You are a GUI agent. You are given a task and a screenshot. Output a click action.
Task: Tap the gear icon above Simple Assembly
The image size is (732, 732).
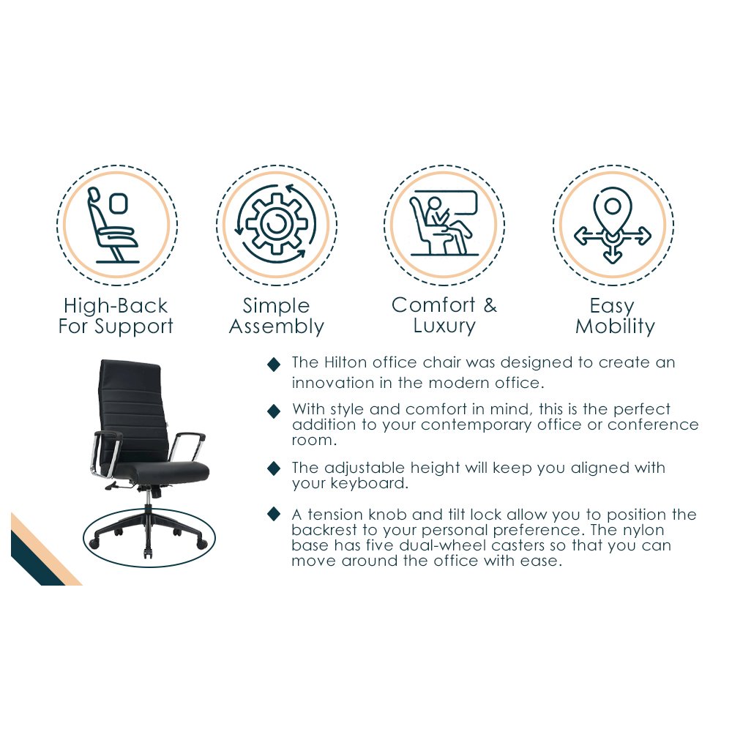[277, 225]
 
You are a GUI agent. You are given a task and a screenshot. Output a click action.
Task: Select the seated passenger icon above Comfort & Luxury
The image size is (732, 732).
[444, 223]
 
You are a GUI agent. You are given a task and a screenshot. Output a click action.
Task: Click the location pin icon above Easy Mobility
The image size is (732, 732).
[613, 225]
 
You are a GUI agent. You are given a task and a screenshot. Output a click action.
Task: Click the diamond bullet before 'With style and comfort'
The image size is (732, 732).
[274, 411]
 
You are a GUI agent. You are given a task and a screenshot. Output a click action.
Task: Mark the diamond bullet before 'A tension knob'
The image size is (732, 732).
[274, 514]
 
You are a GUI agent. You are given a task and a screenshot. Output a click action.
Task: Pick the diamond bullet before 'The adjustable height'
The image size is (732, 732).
[274, 468]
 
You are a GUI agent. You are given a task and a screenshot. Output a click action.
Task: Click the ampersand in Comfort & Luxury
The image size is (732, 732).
[490, 305]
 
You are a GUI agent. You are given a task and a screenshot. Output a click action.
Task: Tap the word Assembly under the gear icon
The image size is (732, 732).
[277, 326]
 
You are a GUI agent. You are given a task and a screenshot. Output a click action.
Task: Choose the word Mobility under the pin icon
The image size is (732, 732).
[615, 326]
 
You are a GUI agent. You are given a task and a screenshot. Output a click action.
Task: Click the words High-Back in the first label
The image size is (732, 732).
[116, 306]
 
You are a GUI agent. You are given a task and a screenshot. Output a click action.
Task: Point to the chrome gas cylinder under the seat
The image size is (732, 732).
[148, 500]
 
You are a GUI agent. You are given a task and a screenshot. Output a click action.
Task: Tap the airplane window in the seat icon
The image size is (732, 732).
[119, 204]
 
